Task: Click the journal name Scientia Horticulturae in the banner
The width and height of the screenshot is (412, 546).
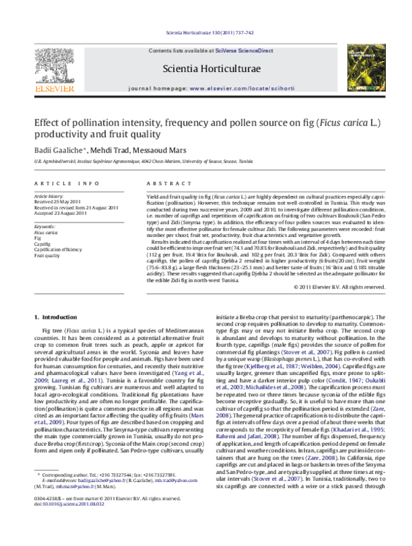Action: (205, 69)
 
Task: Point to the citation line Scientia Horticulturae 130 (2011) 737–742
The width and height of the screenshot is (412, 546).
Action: (205, 34)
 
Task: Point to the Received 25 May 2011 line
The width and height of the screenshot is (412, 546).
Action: (58, 201)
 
